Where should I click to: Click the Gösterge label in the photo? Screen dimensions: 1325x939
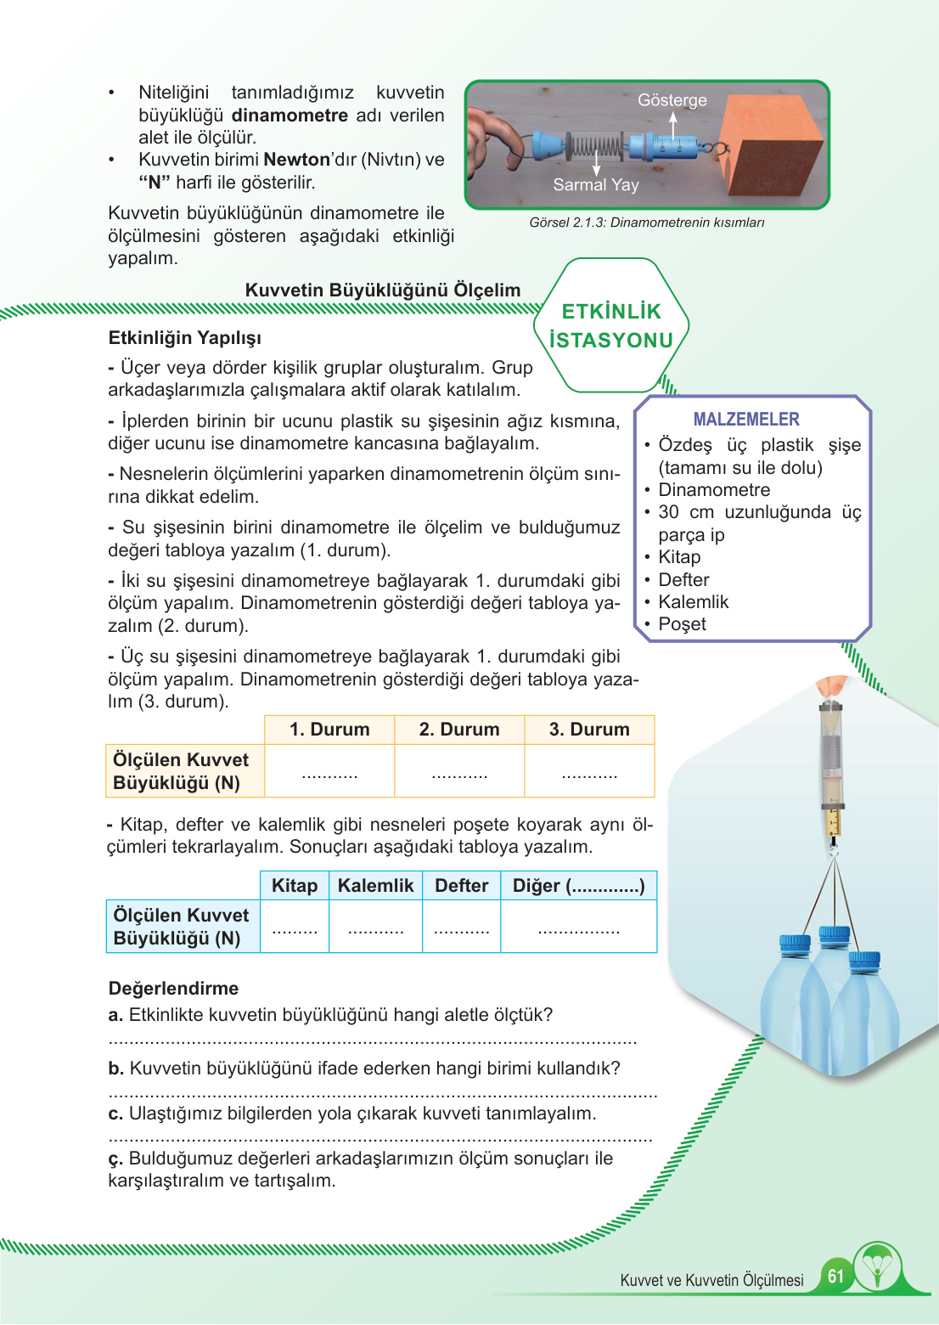point(672,100)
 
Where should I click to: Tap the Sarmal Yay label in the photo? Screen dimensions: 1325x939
point(595,185)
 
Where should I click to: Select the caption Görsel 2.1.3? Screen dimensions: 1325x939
point(646,223)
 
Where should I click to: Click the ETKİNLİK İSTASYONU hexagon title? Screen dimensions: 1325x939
point(611,326)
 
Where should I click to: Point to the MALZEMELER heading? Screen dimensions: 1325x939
point(746,420)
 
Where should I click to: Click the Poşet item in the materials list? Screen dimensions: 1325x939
point(682,624)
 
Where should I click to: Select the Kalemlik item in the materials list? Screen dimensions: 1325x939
point(693,602)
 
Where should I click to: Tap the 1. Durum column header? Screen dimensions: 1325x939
point(329,730)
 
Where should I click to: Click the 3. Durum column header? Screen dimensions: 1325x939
point(589,730)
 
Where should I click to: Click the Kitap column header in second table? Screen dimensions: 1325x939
point(295,886)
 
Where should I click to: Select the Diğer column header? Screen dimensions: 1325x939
point(578,886)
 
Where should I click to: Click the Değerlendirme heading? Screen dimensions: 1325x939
point(173,989)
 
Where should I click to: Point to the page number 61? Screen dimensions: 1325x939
point(835,1276)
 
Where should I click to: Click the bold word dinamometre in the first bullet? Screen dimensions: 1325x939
point(290,116)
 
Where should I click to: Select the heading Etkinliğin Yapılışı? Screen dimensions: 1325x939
point(184,338)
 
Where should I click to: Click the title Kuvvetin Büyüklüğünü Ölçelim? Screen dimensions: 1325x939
point(382,290)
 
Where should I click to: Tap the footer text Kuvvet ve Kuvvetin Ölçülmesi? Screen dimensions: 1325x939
point(711,1280)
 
